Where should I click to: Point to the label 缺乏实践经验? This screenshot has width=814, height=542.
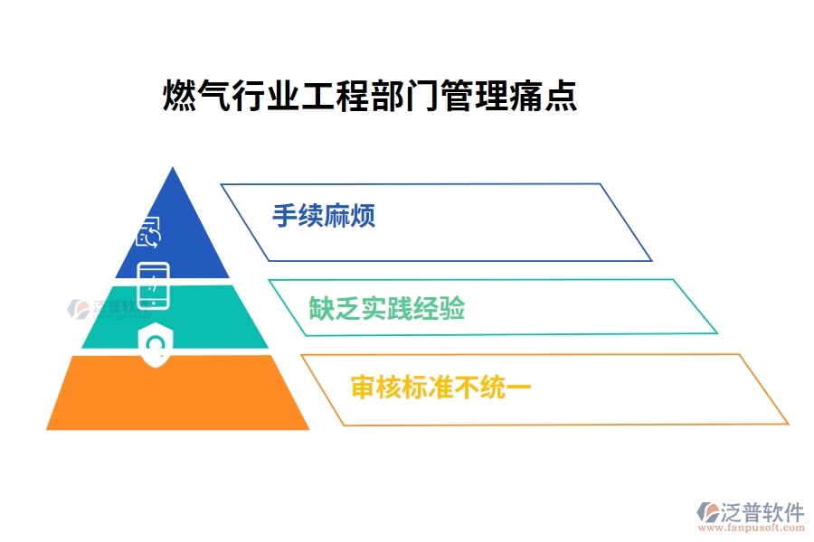387,309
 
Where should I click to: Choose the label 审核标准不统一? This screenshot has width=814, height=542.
440,388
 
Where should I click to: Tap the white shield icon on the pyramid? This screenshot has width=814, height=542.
155,344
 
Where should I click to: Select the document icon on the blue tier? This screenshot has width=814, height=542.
148,232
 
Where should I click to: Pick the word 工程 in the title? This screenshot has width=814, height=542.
335,95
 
